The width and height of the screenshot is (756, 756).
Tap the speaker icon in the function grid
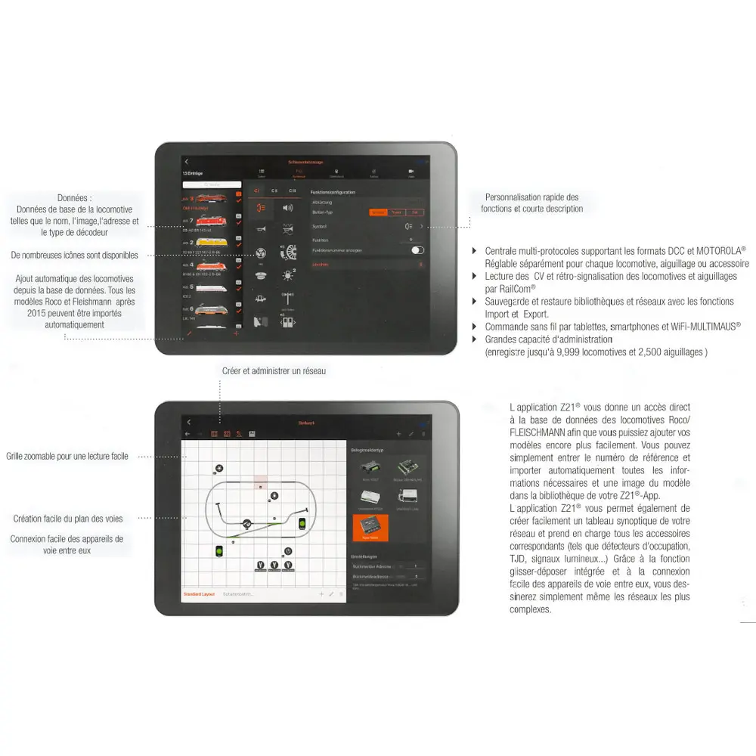(287, 207)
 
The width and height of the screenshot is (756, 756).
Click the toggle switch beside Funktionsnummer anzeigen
(417, 250)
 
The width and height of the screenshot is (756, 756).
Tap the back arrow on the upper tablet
(187, 162)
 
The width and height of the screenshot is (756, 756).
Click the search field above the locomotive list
(212, 184)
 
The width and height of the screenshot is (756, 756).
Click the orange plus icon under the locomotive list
(236, 333)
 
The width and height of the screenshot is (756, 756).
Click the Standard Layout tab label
(199, 594)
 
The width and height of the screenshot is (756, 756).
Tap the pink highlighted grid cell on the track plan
(260, 482)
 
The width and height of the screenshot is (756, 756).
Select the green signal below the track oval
(218, 551)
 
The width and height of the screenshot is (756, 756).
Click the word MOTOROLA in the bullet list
(719, 250)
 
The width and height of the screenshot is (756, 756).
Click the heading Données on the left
(75, 197)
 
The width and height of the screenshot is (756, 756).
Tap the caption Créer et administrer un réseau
(274, 371)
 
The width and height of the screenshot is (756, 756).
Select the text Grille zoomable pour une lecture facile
(67, 457)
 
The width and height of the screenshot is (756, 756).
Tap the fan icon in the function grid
(261, 253)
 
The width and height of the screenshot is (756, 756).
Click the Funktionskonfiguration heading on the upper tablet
(333, 193)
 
